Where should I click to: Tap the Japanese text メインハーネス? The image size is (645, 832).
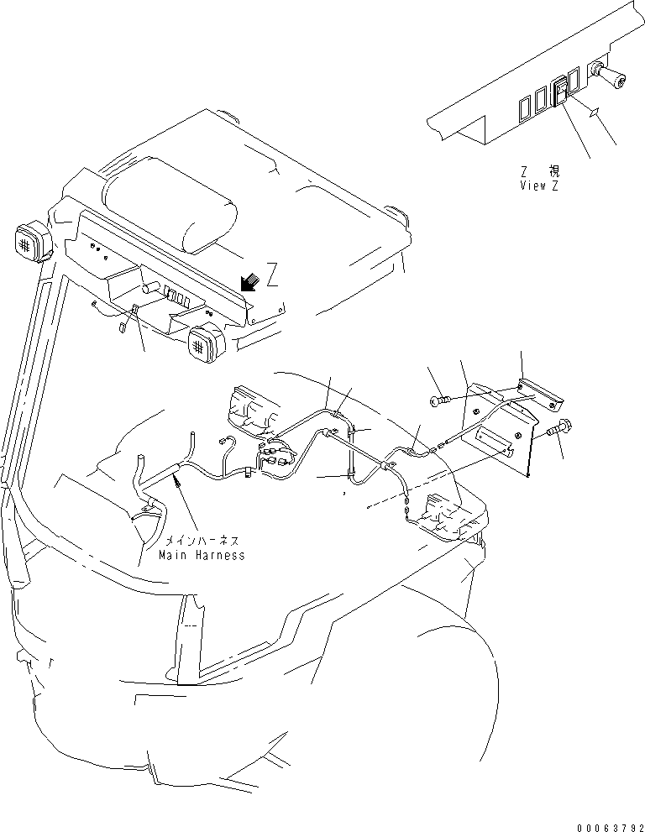[202, 542]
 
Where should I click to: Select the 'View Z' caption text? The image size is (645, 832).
[538, 186]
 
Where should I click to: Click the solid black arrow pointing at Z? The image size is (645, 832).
[249, 284]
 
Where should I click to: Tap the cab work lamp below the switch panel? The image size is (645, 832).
[206, 343]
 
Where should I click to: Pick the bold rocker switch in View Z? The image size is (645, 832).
[559, 92]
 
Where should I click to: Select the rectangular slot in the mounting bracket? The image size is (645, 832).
[495, 439]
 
